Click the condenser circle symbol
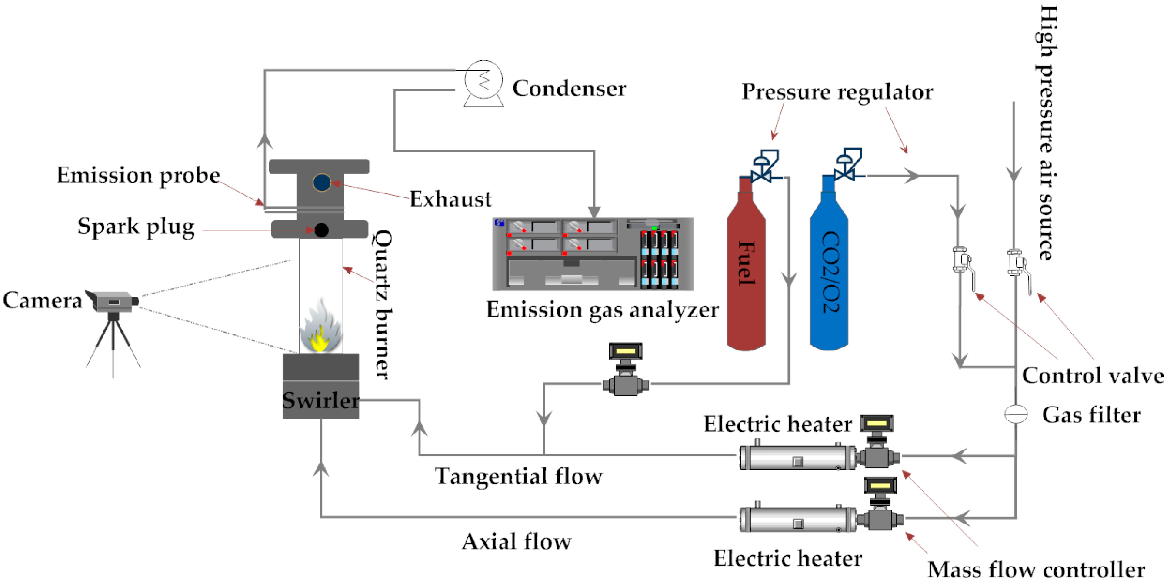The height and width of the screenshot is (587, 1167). pos(483,80)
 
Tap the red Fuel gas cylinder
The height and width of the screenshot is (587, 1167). pos(746,272)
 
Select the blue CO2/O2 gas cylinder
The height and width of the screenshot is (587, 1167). pos(829,272)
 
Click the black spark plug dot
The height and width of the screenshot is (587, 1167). pos(322,230)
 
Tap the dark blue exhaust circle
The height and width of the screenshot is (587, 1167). pos(322,183)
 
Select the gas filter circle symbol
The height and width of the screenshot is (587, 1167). pos(1016,414)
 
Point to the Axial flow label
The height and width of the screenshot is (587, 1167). pos(517,542)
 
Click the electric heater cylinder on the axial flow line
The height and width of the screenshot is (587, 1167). pos(797,519)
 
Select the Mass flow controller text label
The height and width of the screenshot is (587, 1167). pos(1036,570)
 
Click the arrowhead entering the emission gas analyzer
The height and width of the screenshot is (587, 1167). pos(594,212)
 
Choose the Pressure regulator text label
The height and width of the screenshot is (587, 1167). pos(837,92)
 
